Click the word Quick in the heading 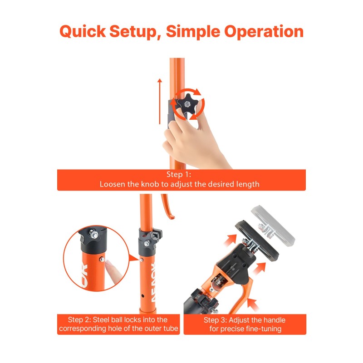tap(83, 31)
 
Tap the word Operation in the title tap(264, 31)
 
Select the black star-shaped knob tap(187, 105)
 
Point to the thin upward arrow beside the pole tap(160, 101)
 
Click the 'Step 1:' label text tap(179, 174)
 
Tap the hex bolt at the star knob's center tap(187, 105)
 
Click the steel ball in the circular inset tap(102, 259)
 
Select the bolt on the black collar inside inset tap(93, 234)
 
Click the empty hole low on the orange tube tap(142, 296)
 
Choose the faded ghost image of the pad tap(273, 226)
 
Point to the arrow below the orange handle tap(253, 304)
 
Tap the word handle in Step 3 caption tap(274, 320)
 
